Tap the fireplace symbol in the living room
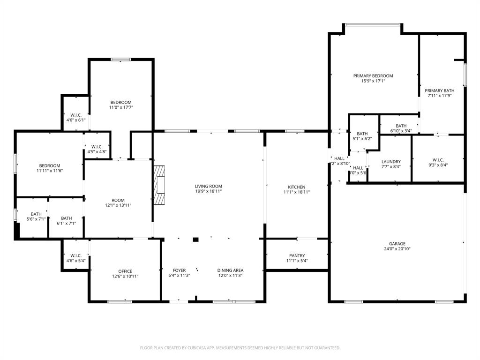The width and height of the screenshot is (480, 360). pyautogui.click(x=160, y=185)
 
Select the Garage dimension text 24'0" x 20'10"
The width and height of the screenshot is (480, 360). pyautogui.click(x=397, y=249)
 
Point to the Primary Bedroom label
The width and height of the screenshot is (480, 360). pyautogui.click(x=373, y=75)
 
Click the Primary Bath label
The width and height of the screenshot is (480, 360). pyautogui.click(x=439, y=90)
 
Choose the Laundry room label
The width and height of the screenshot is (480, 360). pyautogui.click(x=390, y=161)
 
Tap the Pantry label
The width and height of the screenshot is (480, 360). pyautogui.click(x=297, y=255)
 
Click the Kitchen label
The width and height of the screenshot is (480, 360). pyautogui.click(x=296, y=187)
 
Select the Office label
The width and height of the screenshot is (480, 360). pyautogui.click(x=125, y=271)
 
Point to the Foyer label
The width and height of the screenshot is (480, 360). pyautogui.click(x=179, y=270)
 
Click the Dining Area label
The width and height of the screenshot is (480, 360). pyautogui.click(x=230, y=270)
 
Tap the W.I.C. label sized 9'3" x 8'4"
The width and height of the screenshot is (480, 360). pyautogui.click(x=438, y=160)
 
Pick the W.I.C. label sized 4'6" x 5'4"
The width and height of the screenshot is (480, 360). pyautogui.click(x=76, y=255)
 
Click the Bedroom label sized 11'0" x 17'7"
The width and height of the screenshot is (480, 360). pyautogui.click(x=121, y=102)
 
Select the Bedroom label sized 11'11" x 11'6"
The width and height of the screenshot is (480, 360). pyautogui.click(x=50, y=165)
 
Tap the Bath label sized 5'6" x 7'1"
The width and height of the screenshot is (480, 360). pyautogui.click(x=36, y=214)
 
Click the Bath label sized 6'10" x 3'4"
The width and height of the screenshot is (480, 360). pyautogui.click(x=401, y=126)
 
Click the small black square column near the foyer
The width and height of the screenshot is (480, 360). pyautogui.click(x=196, y=240)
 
